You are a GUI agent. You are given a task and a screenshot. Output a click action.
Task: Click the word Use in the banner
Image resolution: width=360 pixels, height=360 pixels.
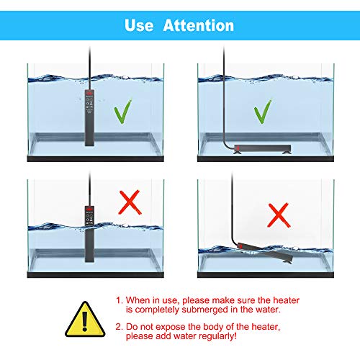[x=139, y=25]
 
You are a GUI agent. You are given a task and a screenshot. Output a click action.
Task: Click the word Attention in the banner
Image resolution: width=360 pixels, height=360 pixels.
[x=199, y=25]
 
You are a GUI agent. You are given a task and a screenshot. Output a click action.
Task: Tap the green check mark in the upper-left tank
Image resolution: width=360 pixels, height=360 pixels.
[x=123, y=112]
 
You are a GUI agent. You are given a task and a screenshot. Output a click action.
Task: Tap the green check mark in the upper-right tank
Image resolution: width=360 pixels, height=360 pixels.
[x=263, y=112]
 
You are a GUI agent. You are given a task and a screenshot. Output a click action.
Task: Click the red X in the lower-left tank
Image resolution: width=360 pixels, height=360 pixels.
[x=130, y=202]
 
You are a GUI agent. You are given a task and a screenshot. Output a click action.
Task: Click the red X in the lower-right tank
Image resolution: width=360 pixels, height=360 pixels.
[x=279, y=215]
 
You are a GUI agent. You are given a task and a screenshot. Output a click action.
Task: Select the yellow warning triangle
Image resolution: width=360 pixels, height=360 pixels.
[x=85, y=320]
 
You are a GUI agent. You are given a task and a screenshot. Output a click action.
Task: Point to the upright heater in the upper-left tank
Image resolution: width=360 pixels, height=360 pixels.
[x=89, y=118]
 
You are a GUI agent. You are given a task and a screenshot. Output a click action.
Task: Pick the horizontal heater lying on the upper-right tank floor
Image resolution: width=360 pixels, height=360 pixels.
[x=263, y=149]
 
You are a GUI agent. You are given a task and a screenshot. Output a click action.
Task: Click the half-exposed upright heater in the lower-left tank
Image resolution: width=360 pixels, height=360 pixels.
[x=89, y=234]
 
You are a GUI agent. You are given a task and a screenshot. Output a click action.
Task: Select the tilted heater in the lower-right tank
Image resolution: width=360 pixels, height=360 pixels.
[x=265, y=253]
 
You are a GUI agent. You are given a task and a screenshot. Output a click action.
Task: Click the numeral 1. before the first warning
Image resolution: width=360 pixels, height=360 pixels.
[x=120, y=300]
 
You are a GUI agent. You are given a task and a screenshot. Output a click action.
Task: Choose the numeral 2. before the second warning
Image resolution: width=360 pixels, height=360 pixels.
[x=120, y=327]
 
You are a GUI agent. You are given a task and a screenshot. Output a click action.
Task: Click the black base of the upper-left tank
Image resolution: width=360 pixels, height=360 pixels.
[x=96, y=158]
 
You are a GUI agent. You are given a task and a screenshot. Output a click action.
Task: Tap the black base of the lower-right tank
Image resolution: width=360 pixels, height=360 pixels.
[x=266, y=274]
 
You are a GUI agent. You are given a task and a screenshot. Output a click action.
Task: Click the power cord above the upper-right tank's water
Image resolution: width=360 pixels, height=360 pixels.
[x=224, y=60]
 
